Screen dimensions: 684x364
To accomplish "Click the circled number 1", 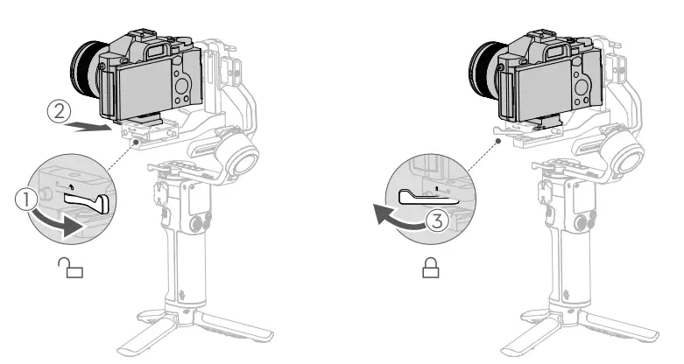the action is [26, 199].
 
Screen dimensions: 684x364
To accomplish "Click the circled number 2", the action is [59, 112].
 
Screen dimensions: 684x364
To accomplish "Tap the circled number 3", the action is [437, 220].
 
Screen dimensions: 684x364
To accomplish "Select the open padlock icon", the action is [70, 267].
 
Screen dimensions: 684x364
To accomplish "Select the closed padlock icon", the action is [431, 267].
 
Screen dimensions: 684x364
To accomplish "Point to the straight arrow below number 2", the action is [88, 126].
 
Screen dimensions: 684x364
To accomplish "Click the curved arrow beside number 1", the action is [59, 222].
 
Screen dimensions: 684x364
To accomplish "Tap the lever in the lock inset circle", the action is [427, 198].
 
